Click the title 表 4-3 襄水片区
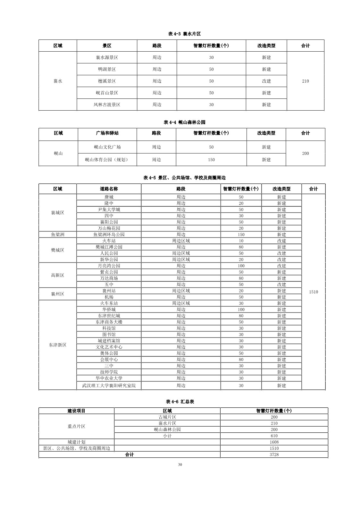pos(184,34)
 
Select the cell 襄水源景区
pos(107,58)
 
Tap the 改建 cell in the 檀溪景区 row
pos(266,81)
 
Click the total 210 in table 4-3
pos(306,81)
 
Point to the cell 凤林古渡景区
pos(107,105)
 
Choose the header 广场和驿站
pos(107,133)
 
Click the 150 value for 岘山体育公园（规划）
pos(211,160)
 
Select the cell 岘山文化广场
pos(107,147)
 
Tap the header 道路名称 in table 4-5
pos(109,189)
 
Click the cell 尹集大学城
pos(109,210)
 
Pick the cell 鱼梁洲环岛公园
pos(109,235)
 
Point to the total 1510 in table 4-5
pos(314,292)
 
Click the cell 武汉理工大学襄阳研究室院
pos(109,386)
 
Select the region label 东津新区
pos(58,345)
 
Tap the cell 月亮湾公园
pos(109,266)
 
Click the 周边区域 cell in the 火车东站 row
pos(181,303)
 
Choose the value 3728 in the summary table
pos(274,455)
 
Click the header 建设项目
pos(76,411)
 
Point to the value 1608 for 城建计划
pos(274,442)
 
